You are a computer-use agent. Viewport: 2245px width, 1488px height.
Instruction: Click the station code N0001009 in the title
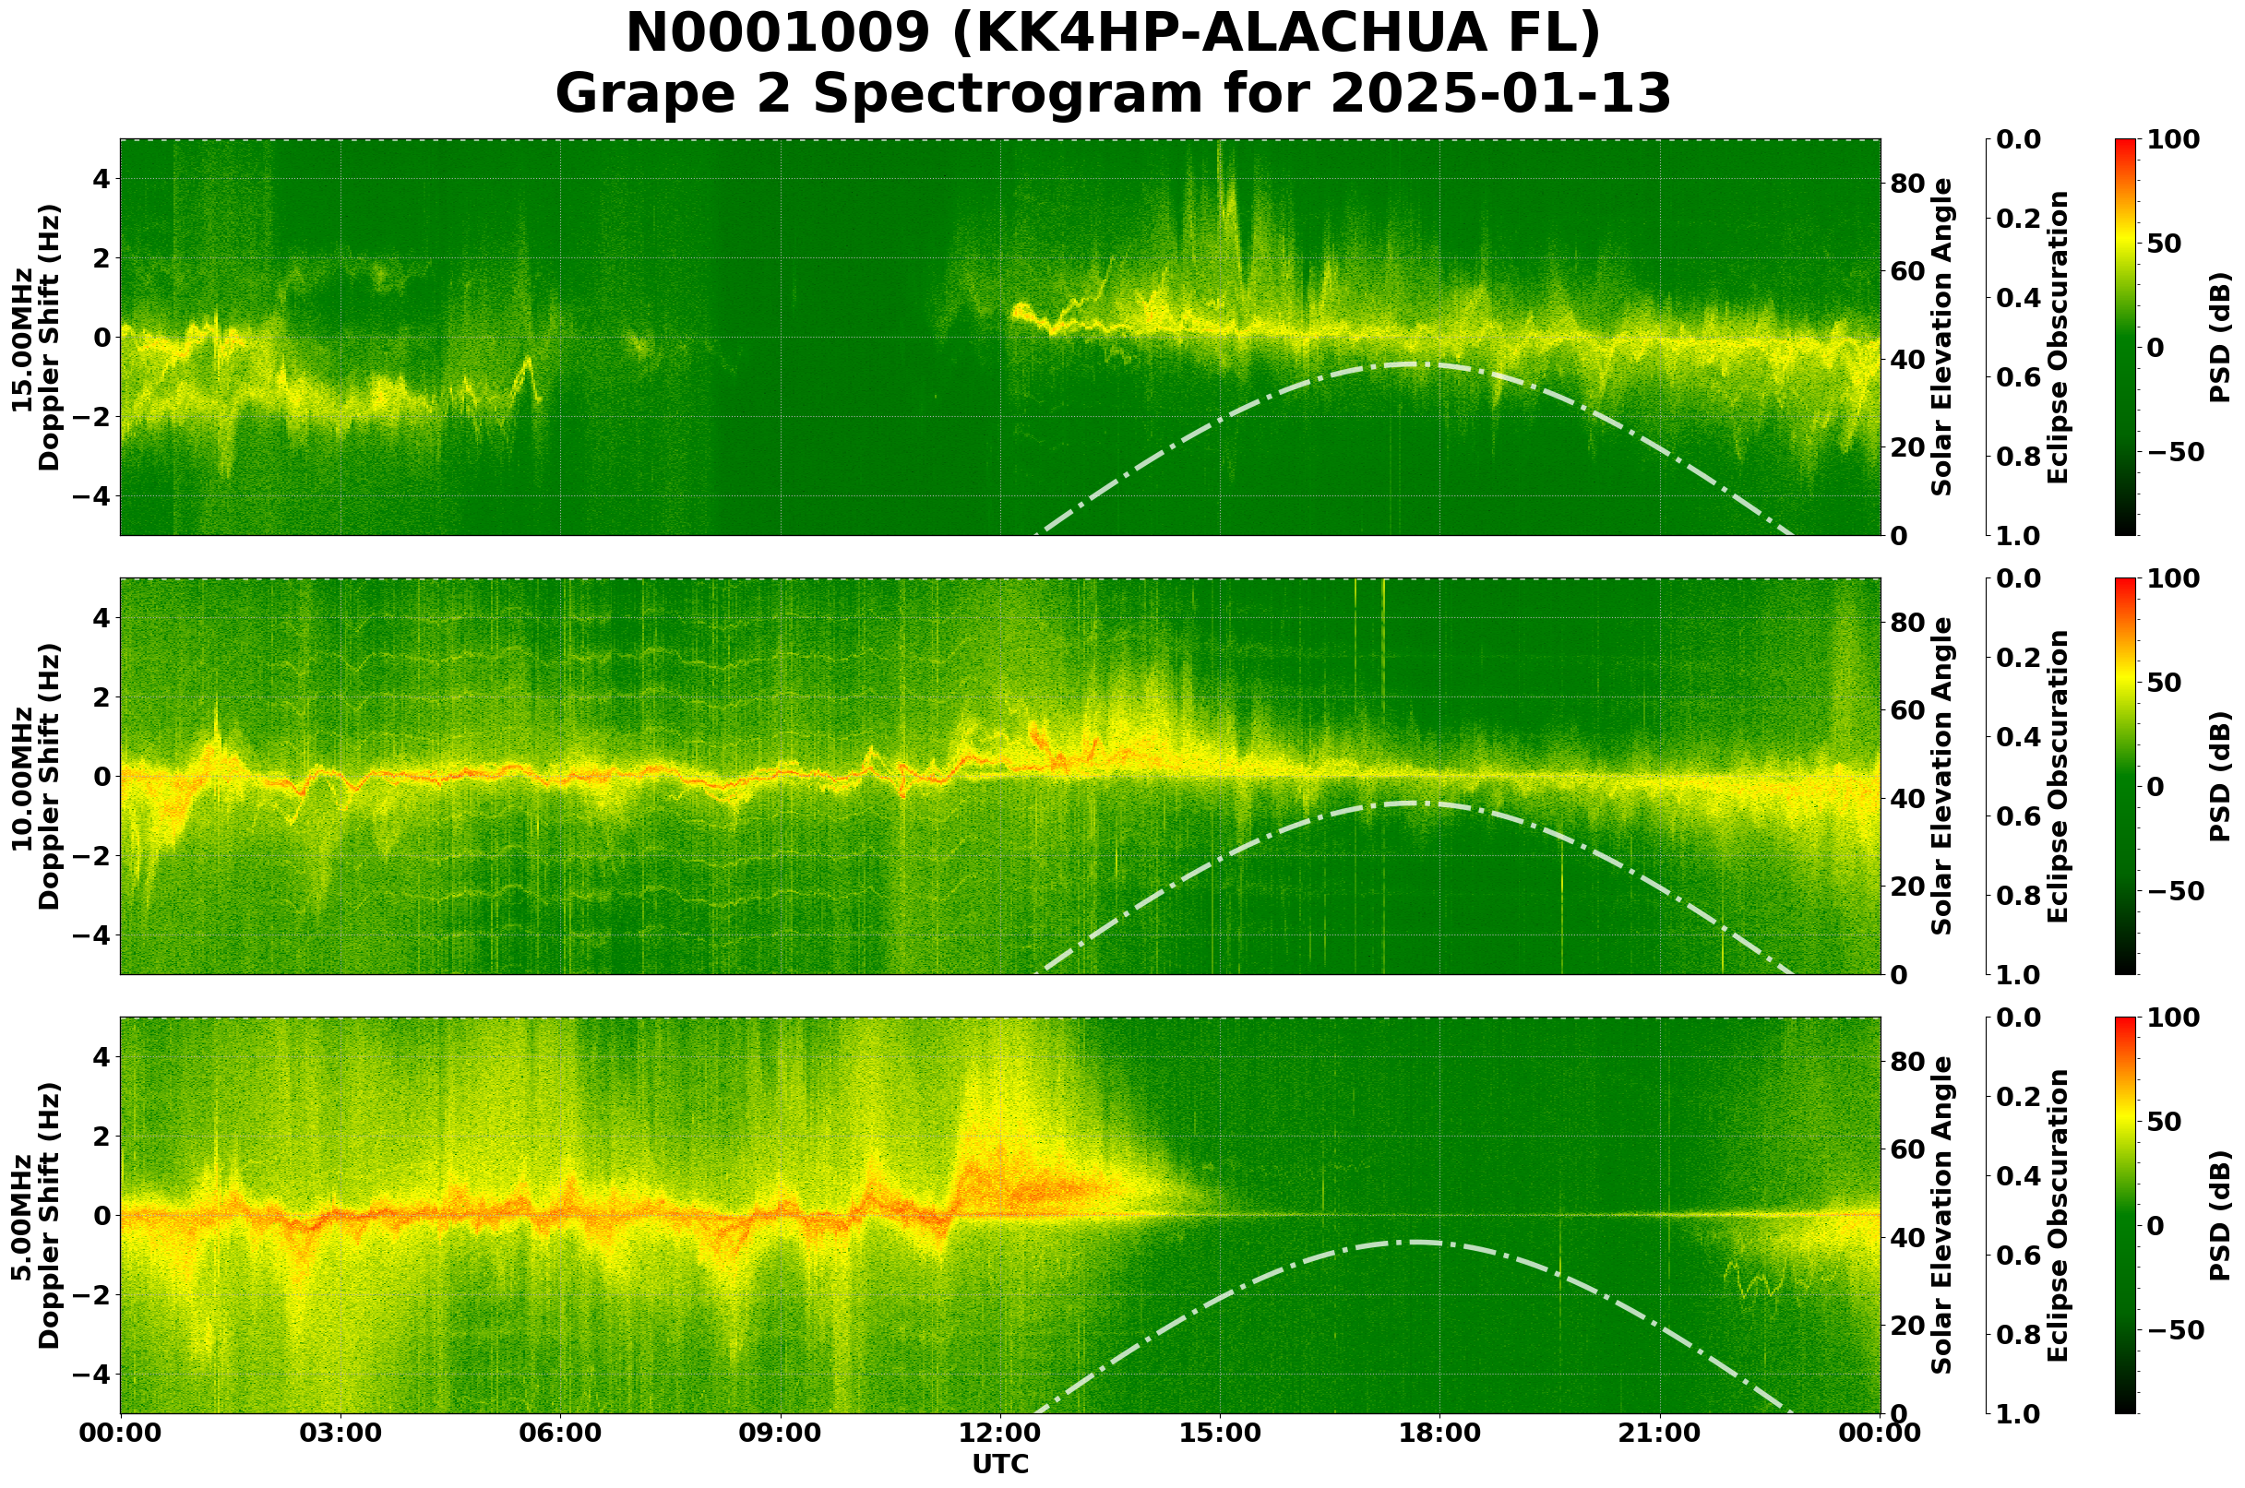click(778, 34)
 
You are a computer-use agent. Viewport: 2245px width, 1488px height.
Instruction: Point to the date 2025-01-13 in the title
click(1499, 95)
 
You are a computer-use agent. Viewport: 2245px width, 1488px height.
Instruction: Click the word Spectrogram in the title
click(1059, 95)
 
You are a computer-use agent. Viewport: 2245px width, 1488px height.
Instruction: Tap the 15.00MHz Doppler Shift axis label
click(36, 337)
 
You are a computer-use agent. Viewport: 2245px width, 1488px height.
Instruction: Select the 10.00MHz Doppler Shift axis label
click(36, 776)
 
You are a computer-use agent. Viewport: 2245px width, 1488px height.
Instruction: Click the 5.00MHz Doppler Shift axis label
click(36, 1216)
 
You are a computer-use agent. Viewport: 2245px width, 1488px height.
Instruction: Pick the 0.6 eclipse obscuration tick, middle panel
click(2020, 816)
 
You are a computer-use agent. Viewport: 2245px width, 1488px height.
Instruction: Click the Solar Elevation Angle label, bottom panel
click(1942, 1216)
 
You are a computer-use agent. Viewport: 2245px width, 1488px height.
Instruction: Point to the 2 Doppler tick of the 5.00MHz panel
click(101, 1136)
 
